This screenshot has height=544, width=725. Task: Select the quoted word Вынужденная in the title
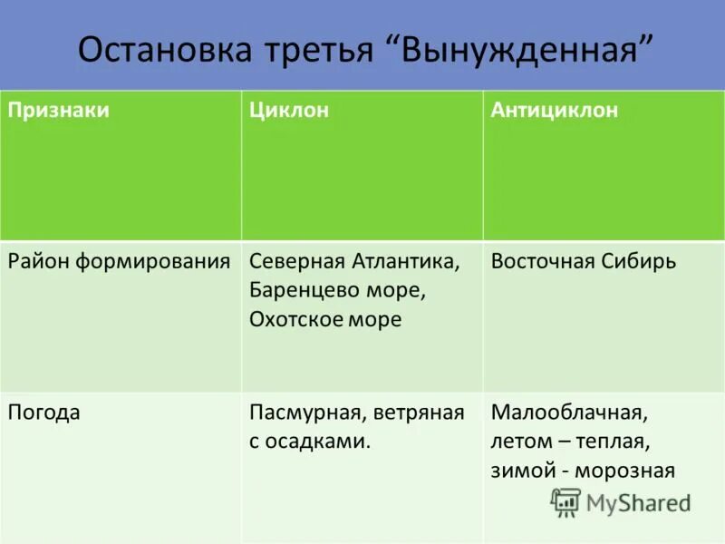527,50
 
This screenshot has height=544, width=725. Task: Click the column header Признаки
59,111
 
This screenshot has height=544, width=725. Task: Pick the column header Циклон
289,111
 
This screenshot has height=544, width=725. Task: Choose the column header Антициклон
555,111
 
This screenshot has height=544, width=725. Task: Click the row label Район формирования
120,262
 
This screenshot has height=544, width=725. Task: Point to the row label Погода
44,413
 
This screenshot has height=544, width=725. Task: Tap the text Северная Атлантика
354,262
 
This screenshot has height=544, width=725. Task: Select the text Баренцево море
337,291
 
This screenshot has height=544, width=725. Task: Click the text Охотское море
325,320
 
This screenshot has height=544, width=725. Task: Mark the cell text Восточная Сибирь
584,262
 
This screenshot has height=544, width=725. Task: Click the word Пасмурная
304,413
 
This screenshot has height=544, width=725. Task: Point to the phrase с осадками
310,442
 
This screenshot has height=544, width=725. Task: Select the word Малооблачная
569,413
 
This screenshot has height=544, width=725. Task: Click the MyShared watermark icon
566,501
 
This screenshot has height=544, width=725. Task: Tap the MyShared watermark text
638,502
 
